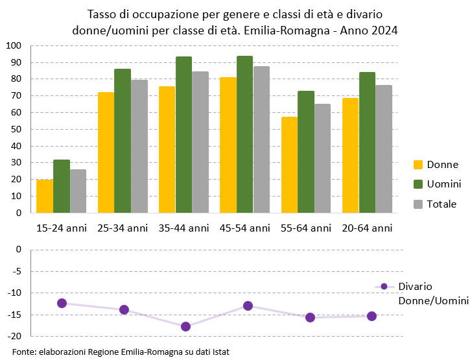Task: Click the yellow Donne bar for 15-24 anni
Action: pos(45,196)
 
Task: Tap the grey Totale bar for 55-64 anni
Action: pos(322,158)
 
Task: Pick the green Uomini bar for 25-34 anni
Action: pos(123,141)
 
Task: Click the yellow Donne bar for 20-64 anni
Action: pos(350,155)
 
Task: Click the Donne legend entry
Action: pos(435,165)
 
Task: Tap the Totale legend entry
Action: pos(435,204)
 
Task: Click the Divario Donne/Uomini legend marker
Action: pos(384,286)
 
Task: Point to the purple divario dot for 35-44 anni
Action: pos(185,326)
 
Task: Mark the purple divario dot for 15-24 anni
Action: pos(62,303)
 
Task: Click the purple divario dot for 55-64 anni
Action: pos(310,317)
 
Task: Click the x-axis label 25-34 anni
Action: pos(123,228)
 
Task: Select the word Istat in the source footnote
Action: pos(219,352)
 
